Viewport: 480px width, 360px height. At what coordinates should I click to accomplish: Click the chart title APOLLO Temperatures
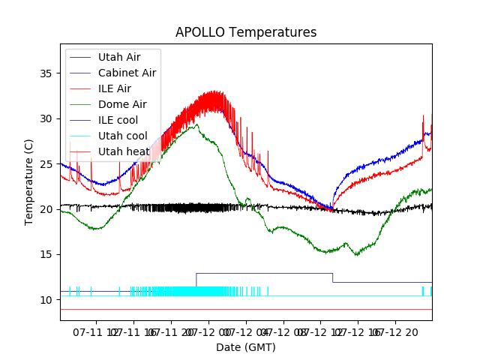point(246,33)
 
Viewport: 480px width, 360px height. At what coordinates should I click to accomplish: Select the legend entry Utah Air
point(118,57)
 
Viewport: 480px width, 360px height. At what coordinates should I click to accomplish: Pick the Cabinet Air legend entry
point(127,73)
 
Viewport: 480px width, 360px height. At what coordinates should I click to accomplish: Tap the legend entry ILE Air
point(115,88)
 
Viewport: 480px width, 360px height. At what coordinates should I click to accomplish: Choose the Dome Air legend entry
point(122,104)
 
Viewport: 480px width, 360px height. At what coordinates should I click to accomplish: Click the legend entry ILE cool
point(118,120)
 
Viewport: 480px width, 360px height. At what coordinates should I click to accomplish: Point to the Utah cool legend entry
point(122,136)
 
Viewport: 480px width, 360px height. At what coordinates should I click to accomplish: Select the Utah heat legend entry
point(122,151)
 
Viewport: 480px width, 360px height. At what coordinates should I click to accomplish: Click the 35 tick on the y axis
point(45,73)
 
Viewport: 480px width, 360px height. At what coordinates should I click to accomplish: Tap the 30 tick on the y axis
point(45,118)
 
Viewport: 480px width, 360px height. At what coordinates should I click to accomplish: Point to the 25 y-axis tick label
point(45,163)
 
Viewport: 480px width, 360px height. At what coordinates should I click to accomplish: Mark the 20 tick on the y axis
point(45,209)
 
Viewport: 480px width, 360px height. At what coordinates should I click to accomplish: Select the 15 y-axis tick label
point(45,254)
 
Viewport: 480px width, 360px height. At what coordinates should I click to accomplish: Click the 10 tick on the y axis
point(45,299)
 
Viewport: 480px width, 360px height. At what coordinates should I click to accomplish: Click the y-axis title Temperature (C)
point(28,182)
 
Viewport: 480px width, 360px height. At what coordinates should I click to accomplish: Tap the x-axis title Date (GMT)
point(246,347)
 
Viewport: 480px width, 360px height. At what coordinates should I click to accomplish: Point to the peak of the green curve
point(196,125)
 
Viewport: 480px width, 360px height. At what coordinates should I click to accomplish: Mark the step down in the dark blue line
point(333,277)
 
